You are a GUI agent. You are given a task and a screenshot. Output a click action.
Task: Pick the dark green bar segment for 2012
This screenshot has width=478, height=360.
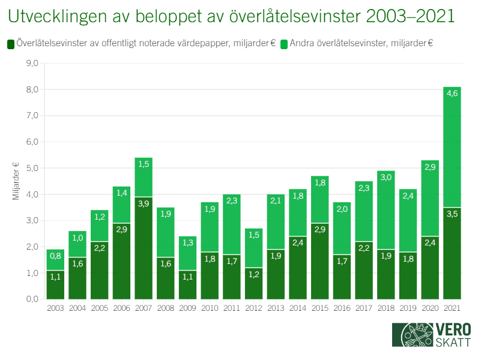coord(253,285)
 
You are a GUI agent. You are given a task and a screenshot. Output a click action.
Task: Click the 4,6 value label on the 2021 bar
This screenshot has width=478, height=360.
coord(452,93)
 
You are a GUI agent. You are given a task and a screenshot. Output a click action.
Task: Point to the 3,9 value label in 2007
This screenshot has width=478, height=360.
coord(144,204)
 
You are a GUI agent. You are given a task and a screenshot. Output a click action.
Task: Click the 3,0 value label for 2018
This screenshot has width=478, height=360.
coord(386,177)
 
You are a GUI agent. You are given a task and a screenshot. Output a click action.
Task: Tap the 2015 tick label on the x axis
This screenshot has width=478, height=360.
coord(319,308)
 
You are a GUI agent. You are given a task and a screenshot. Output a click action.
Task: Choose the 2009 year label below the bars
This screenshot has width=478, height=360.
coord(187,308)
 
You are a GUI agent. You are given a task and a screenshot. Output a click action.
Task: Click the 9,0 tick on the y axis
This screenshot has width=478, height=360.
coord(32,63)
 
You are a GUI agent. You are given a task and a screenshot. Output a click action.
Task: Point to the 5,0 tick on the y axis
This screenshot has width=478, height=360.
coord(32,168)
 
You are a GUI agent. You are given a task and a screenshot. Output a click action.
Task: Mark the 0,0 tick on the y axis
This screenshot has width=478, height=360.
coord(32,299)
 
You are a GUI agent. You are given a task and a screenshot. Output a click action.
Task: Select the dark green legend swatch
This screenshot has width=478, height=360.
coord(10,44)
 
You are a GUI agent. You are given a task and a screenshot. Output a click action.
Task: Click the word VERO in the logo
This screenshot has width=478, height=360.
coord(454,330)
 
